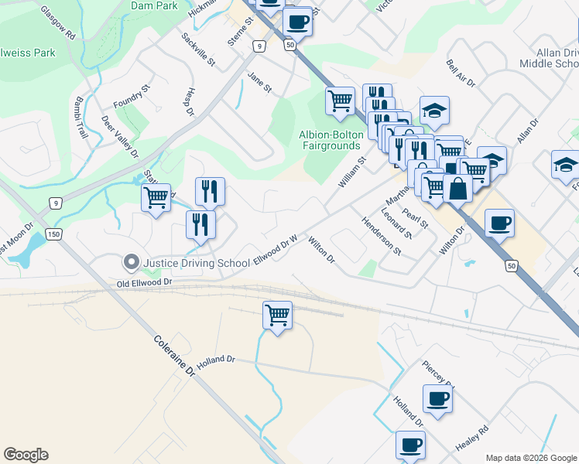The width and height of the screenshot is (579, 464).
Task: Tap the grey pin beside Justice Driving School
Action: click(131, 263)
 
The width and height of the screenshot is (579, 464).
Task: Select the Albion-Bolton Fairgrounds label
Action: click(331, 140)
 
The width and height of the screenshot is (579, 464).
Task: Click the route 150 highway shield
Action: click(53, 234)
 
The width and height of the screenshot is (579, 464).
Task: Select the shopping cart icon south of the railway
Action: click(277, 314)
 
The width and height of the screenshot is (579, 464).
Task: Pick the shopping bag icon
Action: click(457, 188)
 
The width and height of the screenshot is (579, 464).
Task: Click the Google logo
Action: click(26, 455)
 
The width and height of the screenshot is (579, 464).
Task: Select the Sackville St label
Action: click(198, 49)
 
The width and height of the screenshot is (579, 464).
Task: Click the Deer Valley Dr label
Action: click(120, 136)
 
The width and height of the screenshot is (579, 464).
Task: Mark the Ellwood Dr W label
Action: click(276, 250)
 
